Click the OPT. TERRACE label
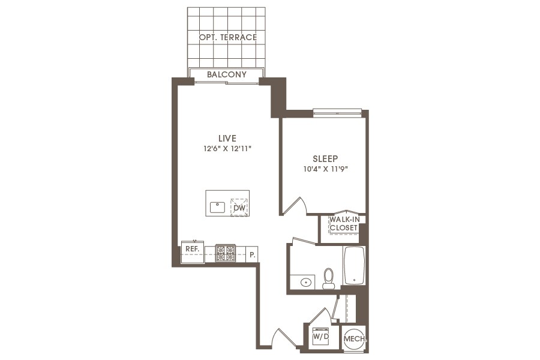click(x=227, y=37)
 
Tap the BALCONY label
click(x=226, y=75)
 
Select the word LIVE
click(x=227, y=139)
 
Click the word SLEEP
click(x=325, y=159)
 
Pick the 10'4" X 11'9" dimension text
click(x=325, y=169)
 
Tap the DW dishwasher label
click(x=239, y=208)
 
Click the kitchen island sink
click(x=217, y=208)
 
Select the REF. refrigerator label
click(x=192, y=248)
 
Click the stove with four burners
click(x=226, y=253)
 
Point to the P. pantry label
click(x=253, y=254)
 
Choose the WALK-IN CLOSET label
click(x=343, y=224)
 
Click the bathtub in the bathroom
click(x=355, y=265)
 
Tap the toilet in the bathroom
click(x=328, y=278)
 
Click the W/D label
click(x=321, y=337)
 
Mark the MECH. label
click(x=353, y=339)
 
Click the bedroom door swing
click(x=295, y=205)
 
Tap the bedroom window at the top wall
click(x=337, y=112)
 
